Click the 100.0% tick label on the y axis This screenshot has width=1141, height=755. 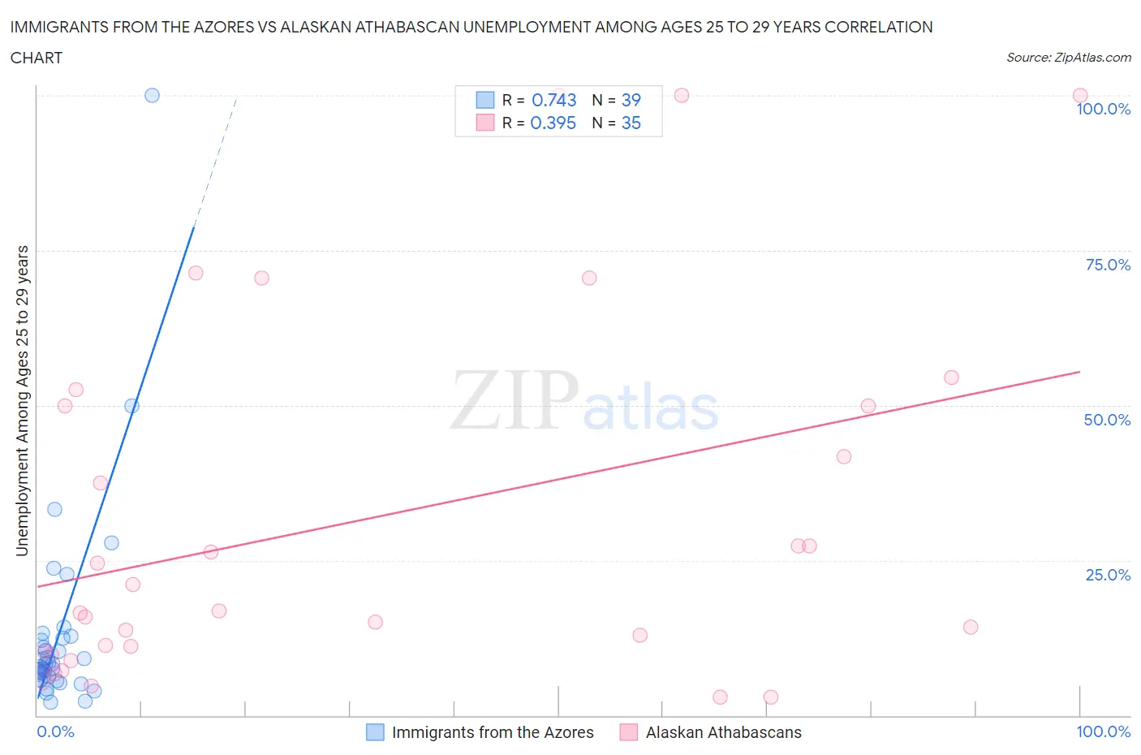(x=1103, y=109)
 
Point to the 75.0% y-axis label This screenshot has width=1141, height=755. (x=1108, y=265)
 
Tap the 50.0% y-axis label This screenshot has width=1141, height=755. (x=1107, y=420)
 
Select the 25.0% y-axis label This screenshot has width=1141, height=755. (x=1108, y=575)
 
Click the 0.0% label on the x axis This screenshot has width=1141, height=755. (x=55, y=731)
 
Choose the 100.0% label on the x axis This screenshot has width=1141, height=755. (x=1103, y=731)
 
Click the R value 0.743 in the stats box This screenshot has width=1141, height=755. (x=553, y=100)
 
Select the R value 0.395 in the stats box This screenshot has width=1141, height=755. (x=553, y=123)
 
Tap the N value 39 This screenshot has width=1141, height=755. (x=631, y=100)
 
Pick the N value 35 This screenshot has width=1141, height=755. (x=631, y=123)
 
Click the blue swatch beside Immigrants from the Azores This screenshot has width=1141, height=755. (x=375, y=732)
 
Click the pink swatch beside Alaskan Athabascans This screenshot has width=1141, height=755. (x=629, y=732)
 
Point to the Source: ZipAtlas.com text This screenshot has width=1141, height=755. (x=1068, y=57)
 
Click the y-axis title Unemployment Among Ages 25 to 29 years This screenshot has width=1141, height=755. (x=22, y=400)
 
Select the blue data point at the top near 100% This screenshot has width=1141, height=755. (x=152, y=95)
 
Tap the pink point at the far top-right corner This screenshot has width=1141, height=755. (x=1079, y=96)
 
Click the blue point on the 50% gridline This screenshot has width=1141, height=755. (x=131, y=406)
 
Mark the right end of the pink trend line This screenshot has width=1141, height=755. (x=1079, y=372)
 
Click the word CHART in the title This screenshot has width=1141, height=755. (x=37, y=58)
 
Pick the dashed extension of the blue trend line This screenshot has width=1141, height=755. (x=215, y=162)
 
